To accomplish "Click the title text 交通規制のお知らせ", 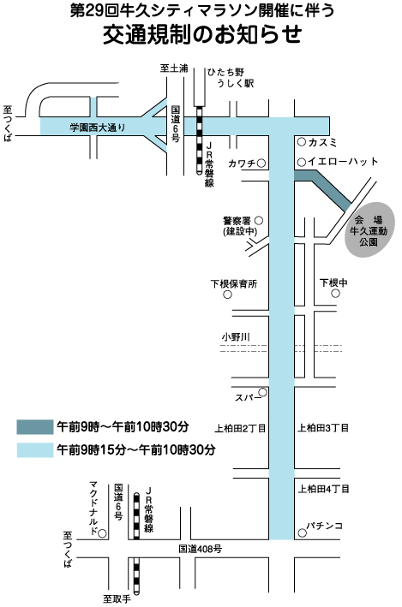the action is pyautogui.click(x=202, y=34).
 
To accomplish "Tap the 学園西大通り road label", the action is pyautogui.click(x=98, y=127).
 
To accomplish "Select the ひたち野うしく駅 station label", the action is pyautogui.click(x=231, y=77).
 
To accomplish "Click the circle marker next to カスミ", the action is pyautogui.click(x=302, y=142).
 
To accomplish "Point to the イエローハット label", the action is pyautogui.click(x=343, y=162).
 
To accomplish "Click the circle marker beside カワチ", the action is pyautogui.click(x=261, y=164).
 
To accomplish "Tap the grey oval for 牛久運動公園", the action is pyautogui.click(x=369, y=229).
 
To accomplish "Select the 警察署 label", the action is pyautogui.click(x=237, y=221).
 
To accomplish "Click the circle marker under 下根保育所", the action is pyautogui.click(x=227, y=295).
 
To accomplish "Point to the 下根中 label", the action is pyautogui.click(x=333, y=283).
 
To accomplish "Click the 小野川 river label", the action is pyautogui.click(x=236, y=336).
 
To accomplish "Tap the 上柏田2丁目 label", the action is pyautogui.click(x=240, y=429).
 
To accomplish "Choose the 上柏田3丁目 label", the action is pyautogui.click(x=323, y=428).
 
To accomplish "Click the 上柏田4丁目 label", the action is pyautogui.click(x=323, y=489).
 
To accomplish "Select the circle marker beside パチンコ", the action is pyautogui.click(x=302, y=533).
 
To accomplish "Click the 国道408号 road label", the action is pyautogui.click(x=201, y=549).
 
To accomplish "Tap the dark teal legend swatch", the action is pyautogui.click(x=35, y=427).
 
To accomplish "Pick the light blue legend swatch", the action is pyautogui.click(x=35, y=450).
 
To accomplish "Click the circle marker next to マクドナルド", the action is pyautogui.click(x=102, y=534).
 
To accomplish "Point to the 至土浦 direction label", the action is pyautogui.click(x=174, y=68).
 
